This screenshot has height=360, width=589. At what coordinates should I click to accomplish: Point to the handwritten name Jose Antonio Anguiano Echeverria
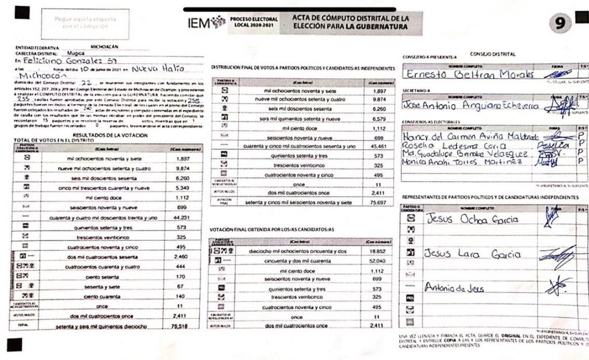click(x=471, y=106)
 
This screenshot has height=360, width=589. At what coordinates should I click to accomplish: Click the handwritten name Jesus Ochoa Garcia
click(x=472, y=219)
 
